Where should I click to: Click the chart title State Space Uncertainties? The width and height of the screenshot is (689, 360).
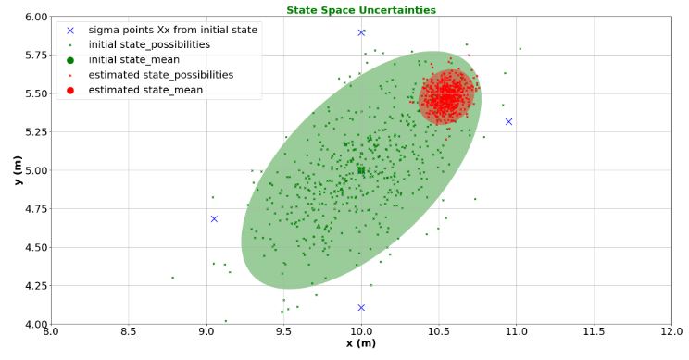pos(361,10)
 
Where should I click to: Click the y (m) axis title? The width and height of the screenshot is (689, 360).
pos(16,170)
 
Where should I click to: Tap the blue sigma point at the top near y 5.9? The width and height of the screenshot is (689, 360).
pos(361,32)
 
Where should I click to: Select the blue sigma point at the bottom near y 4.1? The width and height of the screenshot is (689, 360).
pos(361,307)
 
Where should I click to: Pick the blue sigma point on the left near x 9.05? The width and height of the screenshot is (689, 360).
pos(214,219)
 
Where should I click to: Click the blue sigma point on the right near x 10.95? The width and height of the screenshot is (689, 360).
pos(508,121)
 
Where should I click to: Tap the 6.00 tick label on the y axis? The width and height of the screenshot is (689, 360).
pos(35,17)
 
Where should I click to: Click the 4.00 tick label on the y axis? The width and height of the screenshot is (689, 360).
pos(35,324)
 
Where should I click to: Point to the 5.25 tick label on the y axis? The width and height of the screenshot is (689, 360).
pos(35,131)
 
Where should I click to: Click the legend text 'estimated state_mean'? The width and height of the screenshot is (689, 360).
pos(145,90)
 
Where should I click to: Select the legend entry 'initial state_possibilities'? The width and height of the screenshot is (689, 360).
pos(149,44)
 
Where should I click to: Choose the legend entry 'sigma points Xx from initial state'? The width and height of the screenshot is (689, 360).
pos(172,30)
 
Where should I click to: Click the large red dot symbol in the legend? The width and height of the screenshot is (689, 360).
pos(70,90)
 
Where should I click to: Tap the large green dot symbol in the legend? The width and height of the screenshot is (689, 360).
pos(70,59)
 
